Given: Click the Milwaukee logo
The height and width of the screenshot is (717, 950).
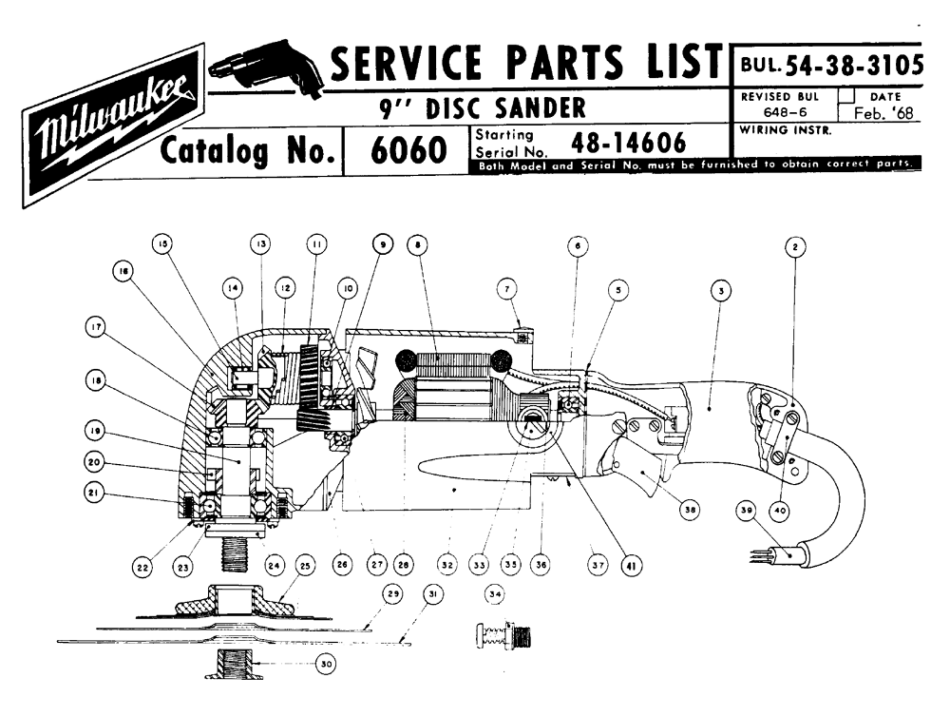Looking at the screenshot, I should click(x=112, y=124).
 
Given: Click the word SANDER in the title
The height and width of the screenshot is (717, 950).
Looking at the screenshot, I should click(x=538, y=107).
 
